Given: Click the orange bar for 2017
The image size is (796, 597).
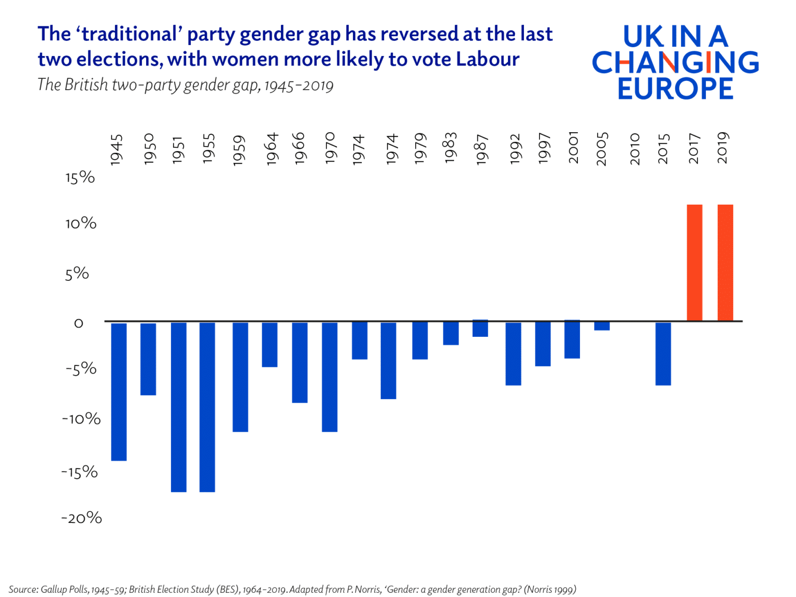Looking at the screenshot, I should coord(694,263).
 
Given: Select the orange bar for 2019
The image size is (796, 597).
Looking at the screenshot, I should coord(725,263).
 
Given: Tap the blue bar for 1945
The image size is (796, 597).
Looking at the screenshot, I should coord(119,391).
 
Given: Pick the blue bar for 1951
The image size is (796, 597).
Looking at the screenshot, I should coord(179,407).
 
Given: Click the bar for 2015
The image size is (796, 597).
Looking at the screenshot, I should coord(663,353).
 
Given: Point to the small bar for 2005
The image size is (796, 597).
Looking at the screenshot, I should coord(602,326).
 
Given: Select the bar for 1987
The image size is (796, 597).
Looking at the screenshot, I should coord(480,329).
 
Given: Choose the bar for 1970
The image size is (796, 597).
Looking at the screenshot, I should coord(330,377).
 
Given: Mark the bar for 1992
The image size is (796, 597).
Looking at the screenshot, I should coord(513,353).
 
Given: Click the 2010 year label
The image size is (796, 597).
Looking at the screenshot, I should coord(635,149).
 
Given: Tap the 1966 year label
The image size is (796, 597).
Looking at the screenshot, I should coord(300,149).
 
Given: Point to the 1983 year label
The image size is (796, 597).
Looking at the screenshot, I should coord(450,148).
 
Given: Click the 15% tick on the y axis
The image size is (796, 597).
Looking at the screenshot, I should coord(80,178).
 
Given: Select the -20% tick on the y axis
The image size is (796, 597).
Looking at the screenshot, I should coord(81,518).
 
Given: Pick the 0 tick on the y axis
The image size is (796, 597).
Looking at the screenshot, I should coord(78,323).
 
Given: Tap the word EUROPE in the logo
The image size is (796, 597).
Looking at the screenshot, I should coord(675,89).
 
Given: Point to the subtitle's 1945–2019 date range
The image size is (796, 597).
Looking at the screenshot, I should coord(298,86).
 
